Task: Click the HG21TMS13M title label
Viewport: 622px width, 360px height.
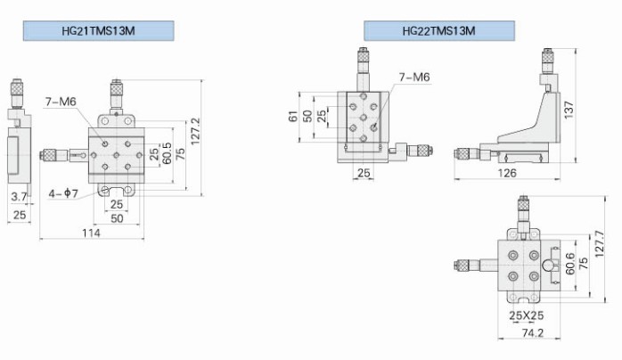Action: click(x=98, y=31)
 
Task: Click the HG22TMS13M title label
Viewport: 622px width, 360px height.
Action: click(x=439, y=31)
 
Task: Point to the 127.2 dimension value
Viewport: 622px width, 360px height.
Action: click(x=195, y=131)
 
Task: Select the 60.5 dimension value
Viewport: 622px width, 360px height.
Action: click(x=167, y=153)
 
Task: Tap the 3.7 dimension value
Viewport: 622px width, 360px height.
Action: click(x=19, y=196)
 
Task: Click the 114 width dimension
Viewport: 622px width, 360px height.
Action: click(x=91, y=233)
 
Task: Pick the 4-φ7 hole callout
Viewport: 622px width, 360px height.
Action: click(x=63, y=193)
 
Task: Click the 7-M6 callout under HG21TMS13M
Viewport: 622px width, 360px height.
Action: click(x=61, y=102)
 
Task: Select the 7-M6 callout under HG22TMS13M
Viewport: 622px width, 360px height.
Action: click(x=414, y=77)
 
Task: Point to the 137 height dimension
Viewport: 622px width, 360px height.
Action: click(x=569, y=110)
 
